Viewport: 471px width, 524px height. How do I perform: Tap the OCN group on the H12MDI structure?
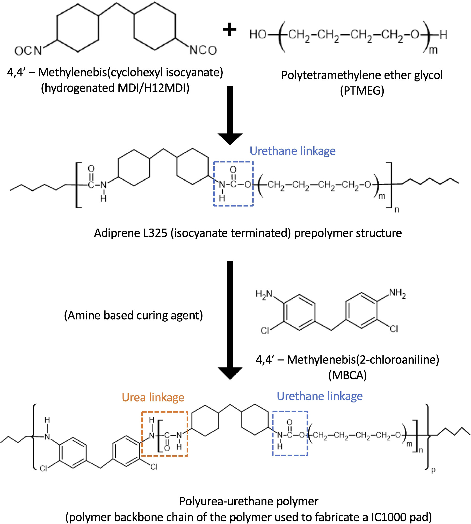tap(28, 51)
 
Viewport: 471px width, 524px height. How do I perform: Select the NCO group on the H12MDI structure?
tap(203, 50)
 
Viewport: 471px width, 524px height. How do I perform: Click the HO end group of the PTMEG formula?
tap(258, 34)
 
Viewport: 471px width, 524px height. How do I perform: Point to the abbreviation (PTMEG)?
tap(362, 91)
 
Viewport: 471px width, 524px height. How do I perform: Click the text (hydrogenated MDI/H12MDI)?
tap(115, 88)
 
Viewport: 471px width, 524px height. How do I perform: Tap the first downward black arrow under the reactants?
tap(230, 115)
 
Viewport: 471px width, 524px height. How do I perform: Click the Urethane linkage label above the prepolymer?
tap(293, 151)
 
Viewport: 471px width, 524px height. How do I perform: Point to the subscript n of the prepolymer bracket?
tap(397, 210)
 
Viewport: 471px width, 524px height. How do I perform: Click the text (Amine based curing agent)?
tap(133, 315)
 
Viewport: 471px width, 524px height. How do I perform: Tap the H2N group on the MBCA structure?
tap(264, 294)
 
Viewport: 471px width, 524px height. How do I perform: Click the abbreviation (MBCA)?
tap(347, 375)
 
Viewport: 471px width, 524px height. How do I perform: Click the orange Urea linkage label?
tap(153, 397)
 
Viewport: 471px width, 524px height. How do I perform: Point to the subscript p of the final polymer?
tap(433, 470)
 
